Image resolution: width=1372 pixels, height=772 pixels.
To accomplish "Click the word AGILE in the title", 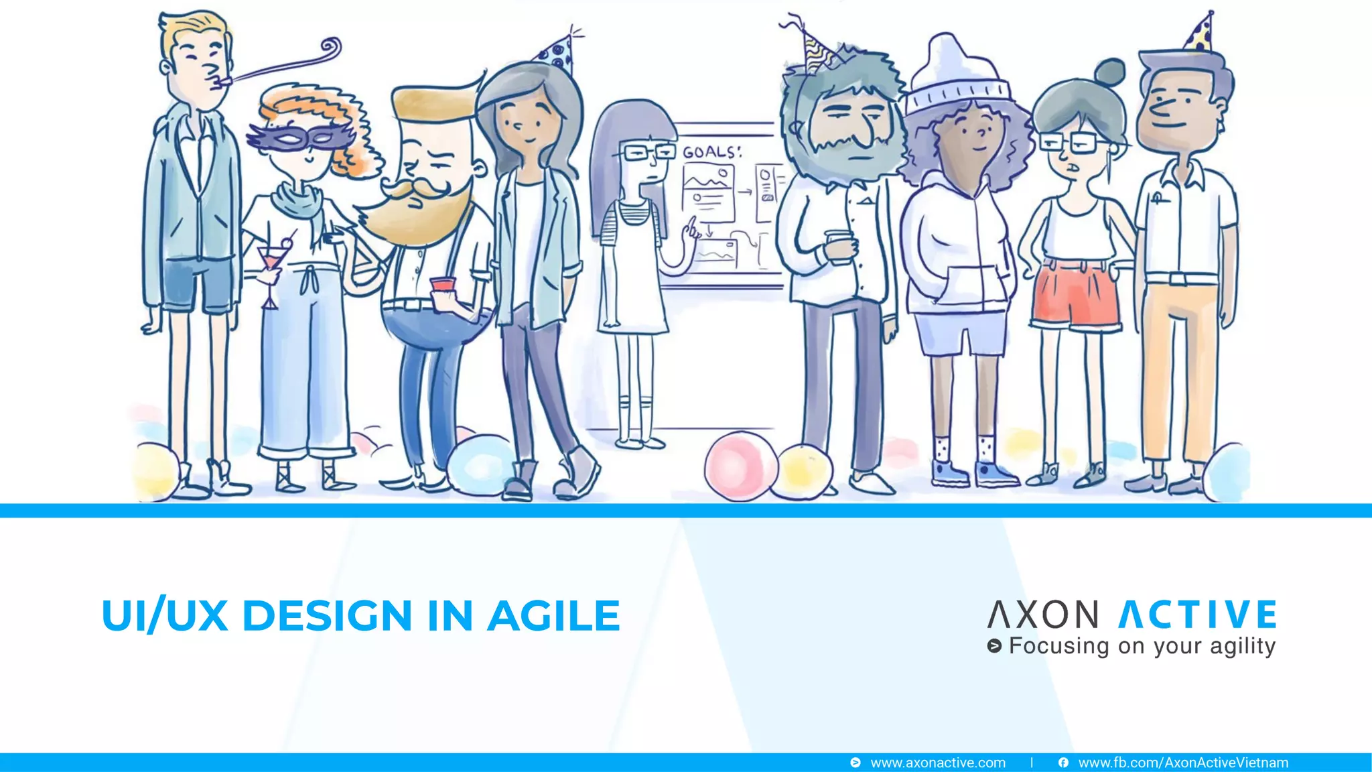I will [553, 616].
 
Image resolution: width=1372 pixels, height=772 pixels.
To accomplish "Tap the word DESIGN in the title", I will [327, 616].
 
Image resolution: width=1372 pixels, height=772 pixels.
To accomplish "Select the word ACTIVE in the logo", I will [1198, 615].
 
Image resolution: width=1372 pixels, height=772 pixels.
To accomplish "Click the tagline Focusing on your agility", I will [1142, 646].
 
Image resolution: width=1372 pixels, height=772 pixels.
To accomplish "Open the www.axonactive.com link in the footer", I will [937, 763].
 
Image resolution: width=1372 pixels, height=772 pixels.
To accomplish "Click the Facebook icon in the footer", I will [1063, 763].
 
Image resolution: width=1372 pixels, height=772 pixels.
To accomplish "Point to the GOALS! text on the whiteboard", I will [711, 152].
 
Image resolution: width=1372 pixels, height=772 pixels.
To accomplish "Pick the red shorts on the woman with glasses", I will [1075, 295].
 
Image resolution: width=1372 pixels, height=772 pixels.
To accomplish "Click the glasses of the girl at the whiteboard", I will [647, 152].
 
